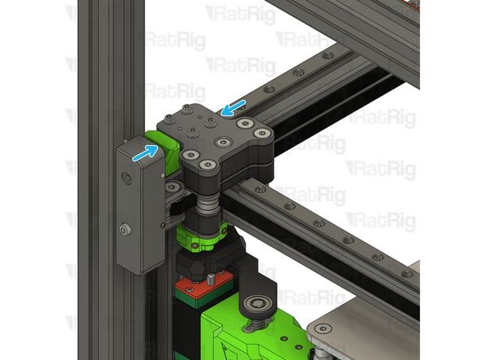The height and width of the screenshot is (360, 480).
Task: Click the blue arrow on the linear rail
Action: (235, 107)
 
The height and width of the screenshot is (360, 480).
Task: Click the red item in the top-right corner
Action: (409, 5)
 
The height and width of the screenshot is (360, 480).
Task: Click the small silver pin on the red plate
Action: (208, 281)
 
